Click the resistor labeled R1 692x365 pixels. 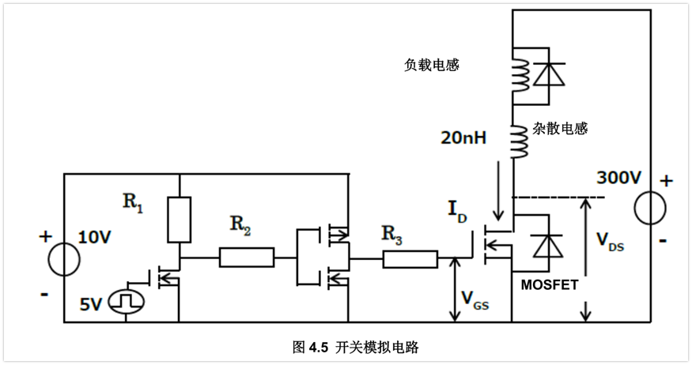[x=180, y=220]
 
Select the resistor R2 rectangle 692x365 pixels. [x=247, y=258]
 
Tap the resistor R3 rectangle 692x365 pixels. [x=410, y=258]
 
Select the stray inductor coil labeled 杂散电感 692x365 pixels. [x=520, y=140]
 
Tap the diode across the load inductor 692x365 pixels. [x=548, y=74]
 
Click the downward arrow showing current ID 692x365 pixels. [x=498, y=190]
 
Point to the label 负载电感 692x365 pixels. [x=431, y=66]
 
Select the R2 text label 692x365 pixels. [x=240, y=226]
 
